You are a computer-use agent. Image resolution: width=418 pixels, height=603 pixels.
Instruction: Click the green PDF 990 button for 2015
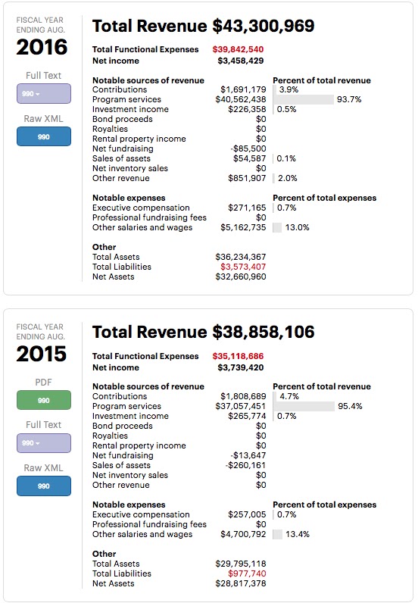(x=44, y=400)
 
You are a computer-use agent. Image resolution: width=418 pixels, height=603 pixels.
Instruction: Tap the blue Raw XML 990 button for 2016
(x=44, y=136)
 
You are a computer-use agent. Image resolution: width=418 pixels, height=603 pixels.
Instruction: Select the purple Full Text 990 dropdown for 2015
(x=44, y=443)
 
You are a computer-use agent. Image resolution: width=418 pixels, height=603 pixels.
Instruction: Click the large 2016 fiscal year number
(x=42, y=47)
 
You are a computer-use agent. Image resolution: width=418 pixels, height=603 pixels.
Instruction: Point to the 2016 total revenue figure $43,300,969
(x=264, y=26)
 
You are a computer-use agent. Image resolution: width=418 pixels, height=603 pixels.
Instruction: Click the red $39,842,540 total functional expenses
(x=238, y=49)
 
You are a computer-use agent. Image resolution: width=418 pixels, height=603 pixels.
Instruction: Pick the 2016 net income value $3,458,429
(x=241, y=61)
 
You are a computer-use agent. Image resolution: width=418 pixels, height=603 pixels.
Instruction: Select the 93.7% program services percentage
(x=349, y=99)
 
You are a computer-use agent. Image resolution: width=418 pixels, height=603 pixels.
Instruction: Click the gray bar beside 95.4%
(x=304, y=406)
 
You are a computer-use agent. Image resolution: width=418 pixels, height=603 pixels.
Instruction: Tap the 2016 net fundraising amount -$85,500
(x=248, y=148)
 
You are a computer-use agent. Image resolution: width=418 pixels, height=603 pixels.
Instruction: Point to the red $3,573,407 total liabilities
(x=243, y=267)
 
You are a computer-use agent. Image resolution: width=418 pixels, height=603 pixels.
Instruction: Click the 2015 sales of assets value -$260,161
(x=245, y=465)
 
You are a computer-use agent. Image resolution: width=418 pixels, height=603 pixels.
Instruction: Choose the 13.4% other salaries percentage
(x=298, y=534)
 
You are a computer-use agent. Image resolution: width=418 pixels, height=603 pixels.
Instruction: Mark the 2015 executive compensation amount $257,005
(x=247, y=514)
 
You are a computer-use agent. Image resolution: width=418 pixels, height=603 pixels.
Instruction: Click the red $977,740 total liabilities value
(x=247, y=573)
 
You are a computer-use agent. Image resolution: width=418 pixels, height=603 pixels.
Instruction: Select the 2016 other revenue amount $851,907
(x=247, y=179)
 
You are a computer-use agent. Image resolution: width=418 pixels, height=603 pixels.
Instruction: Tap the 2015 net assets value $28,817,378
(x=241, y=583)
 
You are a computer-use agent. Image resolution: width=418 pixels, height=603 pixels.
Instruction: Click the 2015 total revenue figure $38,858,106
(x=264, y=332)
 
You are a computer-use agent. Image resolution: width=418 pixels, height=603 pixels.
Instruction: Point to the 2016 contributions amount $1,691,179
(x=243, y=89)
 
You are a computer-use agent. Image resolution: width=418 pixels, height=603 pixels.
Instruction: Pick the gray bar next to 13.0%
(x=277, y=228)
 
